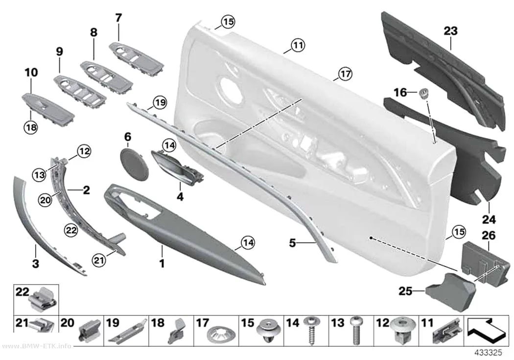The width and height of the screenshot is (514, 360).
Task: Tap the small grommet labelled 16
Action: coord(424,93)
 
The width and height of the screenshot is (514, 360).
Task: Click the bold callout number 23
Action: coord(450,31)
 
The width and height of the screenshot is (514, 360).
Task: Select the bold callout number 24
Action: coord(489,219)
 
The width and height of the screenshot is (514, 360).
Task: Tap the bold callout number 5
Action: coord(292,243)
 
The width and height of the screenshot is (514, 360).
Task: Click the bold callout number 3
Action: coord(35,264)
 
